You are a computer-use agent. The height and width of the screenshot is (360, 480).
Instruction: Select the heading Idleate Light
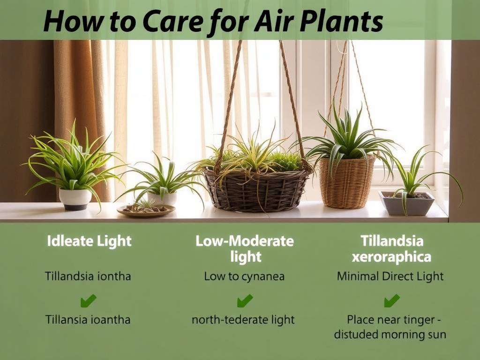coord(89,241)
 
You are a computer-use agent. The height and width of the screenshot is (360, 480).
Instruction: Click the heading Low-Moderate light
coord(245,249)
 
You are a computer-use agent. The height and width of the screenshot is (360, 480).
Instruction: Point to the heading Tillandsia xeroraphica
coord(392,249)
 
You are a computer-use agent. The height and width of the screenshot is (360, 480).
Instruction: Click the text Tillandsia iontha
coord(88,276)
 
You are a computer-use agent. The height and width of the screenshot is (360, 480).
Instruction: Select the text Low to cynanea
coord(244,276)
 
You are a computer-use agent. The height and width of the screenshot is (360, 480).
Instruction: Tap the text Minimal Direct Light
coord(390,276)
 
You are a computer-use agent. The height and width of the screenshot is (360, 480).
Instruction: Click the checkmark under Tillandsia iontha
coord(88,300)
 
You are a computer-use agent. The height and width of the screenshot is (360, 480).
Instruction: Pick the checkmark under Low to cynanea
coord(244,300)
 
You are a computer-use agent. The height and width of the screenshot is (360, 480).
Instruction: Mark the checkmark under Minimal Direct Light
coord(391,300)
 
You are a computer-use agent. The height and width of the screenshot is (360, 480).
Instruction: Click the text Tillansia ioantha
coord(88,320)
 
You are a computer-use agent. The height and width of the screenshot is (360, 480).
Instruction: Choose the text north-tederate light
coord(243,320)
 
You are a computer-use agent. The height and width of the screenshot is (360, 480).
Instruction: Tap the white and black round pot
coord(75,199)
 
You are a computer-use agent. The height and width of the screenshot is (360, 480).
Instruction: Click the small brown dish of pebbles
coord(145,210)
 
